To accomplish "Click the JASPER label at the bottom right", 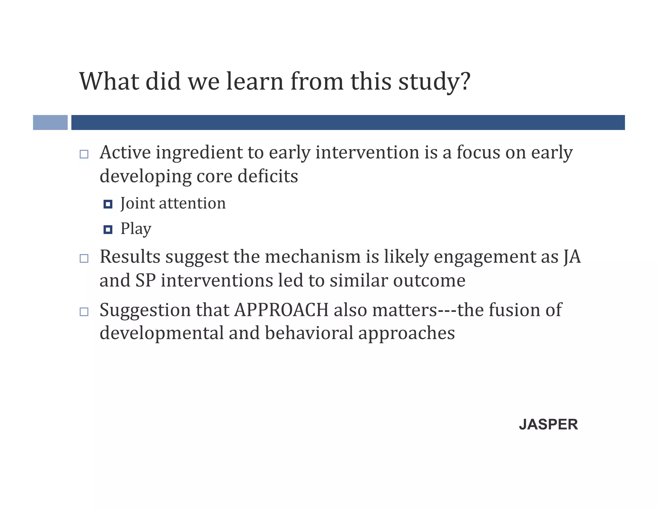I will pos(548,425).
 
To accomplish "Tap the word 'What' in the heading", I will pos(109,81).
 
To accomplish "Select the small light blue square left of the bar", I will pos(50,122).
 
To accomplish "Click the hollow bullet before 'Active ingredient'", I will pos(84,154).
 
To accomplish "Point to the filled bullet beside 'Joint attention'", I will pos(108,204).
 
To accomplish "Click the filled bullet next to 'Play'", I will pos(108,230).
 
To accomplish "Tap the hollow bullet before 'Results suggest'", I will pos(84,258).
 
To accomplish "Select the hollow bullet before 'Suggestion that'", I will pos(84,311).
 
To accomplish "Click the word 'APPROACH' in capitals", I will pos(281,310).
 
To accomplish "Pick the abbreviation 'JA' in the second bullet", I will pos(572,257).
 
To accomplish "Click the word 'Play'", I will pos(136,229).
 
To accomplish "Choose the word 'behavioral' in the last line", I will pos(309,333).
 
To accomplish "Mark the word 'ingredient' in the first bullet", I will pos(199,153).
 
